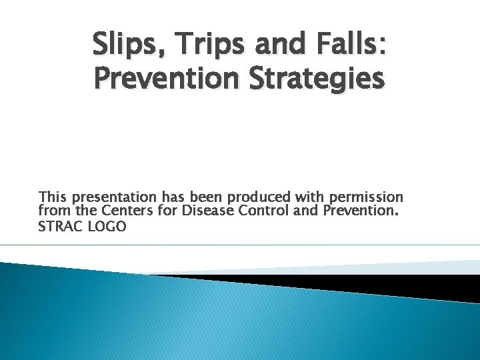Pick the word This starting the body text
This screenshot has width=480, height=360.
[x=53, y=197]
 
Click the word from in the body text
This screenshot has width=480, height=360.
[x=52, y=212]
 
